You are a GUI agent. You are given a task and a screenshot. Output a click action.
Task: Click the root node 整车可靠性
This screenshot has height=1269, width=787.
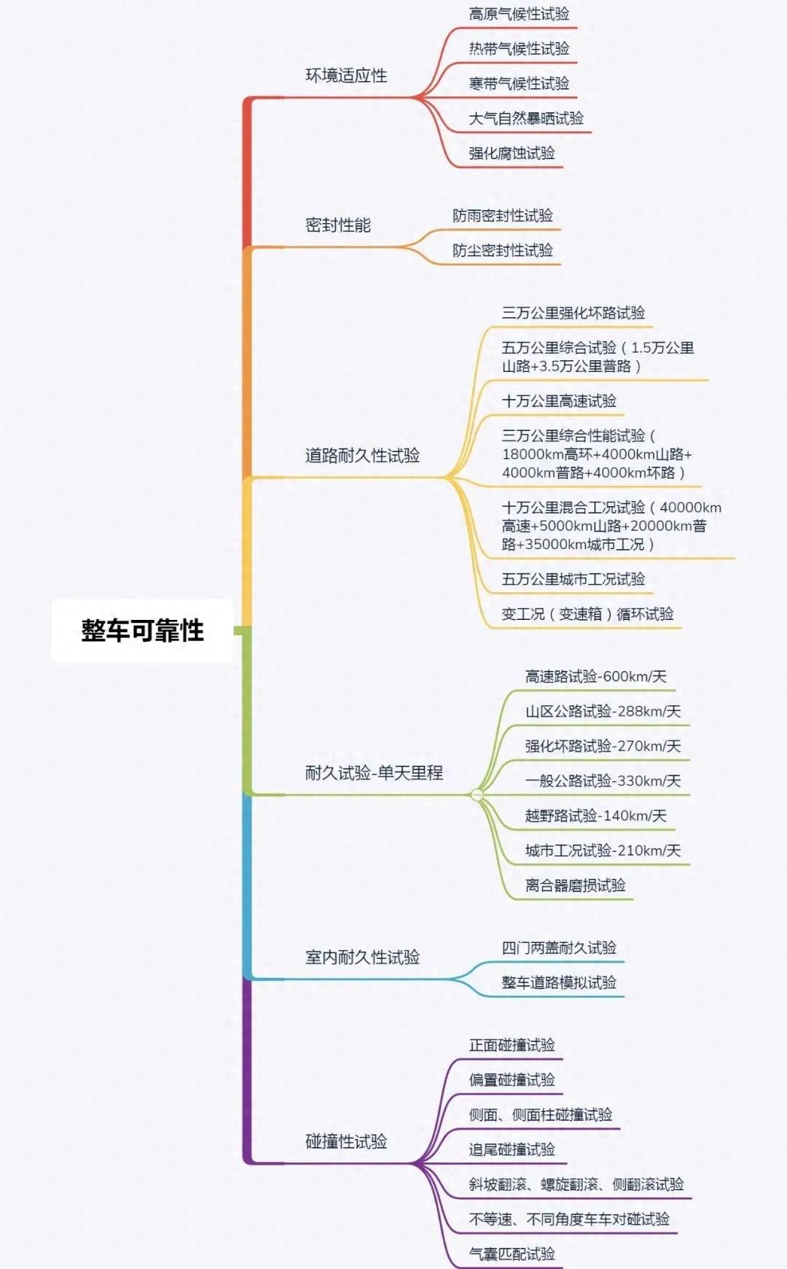142,631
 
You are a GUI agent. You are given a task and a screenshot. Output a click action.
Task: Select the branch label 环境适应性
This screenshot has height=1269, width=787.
346,75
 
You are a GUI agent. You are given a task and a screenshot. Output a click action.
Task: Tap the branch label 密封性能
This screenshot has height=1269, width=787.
338,225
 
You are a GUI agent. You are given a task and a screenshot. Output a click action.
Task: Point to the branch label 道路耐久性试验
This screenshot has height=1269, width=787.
362,456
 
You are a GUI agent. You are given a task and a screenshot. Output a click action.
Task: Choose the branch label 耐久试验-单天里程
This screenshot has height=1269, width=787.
374,773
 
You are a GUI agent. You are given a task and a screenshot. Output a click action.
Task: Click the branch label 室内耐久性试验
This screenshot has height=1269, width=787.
362,958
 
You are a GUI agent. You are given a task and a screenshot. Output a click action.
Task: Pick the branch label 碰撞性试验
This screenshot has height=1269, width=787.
346,1141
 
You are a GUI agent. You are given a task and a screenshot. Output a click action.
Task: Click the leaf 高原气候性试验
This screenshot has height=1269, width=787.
519,14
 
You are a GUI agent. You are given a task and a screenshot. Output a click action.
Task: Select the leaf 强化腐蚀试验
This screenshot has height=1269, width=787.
512,153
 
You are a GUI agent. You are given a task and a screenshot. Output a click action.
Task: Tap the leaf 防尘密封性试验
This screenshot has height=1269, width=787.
503,250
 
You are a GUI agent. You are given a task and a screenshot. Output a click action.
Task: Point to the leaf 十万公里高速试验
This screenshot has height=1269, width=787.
559,400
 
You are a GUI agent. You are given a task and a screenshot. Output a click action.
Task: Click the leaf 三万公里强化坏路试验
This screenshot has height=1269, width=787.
573,313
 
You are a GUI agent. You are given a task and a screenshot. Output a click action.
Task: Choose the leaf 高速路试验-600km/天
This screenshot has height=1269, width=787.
596,676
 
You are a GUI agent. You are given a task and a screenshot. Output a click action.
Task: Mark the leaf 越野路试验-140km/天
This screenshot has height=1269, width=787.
596,815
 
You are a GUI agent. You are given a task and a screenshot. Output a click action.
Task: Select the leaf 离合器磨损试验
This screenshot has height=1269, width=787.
576,885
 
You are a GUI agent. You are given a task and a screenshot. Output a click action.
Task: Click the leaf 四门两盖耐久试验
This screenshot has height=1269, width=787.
559,947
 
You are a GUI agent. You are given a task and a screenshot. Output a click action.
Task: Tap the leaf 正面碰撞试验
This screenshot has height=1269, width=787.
512,1045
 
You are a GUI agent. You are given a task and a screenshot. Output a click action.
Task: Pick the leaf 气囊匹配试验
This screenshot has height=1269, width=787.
512,1254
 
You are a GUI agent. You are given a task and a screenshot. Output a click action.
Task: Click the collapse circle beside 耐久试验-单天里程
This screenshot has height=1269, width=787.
477,794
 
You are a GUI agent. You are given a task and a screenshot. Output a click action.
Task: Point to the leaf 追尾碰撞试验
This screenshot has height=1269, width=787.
512,1149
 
